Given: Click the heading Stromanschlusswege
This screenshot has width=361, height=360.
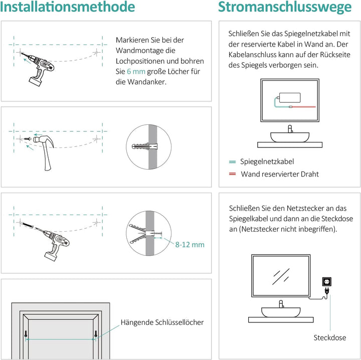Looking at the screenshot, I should click(284, 8).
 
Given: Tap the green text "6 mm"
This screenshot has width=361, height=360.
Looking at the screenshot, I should click(136, 72).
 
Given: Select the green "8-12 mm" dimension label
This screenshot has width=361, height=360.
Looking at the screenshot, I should click(190, 245).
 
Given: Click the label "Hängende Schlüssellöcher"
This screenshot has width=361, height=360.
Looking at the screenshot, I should click(162, 322).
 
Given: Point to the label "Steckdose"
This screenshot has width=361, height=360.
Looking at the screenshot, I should click(329, 338).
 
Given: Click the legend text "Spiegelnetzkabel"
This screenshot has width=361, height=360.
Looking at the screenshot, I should click(267, 161).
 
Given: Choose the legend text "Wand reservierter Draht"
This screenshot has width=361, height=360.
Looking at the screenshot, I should click(279, 174).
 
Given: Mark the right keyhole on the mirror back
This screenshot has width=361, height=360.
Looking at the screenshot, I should click(95, 334).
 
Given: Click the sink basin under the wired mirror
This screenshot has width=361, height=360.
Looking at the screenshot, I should click(289, 136).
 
